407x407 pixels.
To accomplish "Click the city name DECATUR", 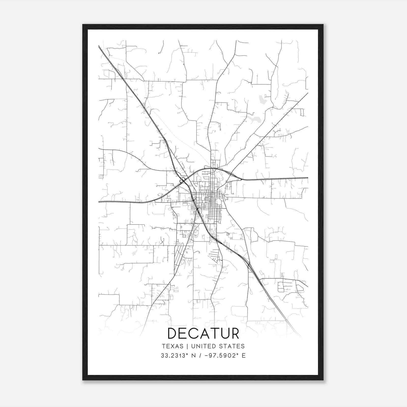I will (x=203, y=333).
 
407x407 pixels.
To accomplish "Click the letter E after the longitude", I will (x=244, y=356).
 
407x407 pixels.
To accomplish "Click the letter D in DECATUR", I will (x=173, y=333).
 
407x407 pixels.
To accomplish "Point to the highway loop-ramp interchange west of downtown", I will (x=182, y=180).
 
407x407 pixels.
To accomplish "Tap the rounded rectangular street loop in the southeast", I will (x=281, y=287).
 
